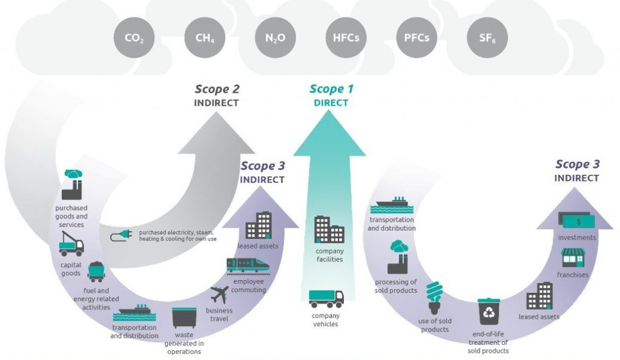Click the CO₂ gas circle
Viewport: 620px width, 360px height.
pos(134,38)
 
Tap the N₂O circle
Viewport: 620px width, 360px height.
pos(275,38)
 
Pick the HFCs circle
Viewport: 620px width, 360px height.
pos(346,38)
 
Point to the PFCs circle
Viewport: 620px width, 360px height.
pos(417,38)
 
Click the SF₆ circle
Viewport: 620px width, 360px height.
pos(487,38)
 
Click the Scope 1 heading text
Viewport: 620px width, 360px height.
pos(331,90)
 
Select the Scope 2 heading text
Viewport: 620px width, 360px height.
pos(217,90)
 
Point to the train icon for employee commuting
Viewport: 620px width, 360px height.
pos(248,264)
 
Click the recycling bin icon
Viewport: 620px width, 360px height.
pos(487,311)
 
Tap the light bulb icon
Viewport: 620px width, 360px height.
pos(434,295)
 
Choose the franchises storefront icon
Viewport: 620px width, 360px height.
pos(573,258)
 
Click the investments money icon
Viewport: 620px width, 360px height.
pos(576,221)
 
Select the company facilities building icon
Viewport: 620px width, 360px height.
pos(329,230)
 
